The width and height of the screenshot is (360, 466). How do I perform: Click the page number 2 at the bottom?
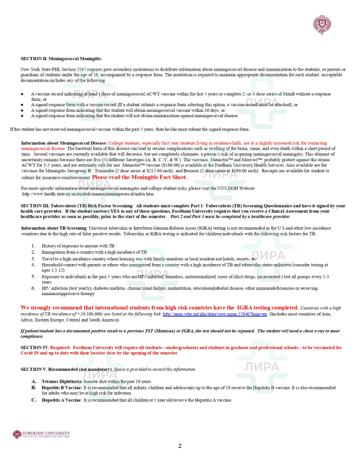(x=180, y=446)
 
